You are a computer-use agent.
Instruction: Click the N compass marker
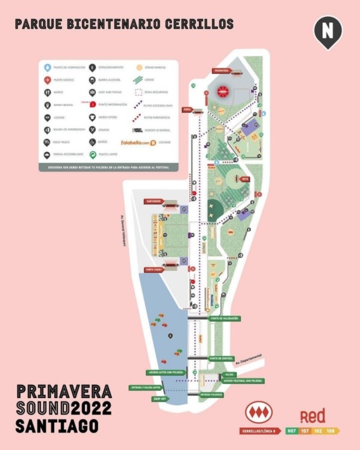[x=328, y=31]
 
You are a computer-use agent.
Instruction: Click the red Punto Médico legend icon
[x=47, y=80]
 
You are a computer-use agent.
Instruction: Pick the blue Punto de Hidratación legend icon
[x=47, y=67]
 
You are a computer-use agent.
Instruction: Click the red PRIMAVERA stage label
[x=221, y=71]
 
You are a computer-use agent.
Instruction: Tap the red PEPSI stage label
[x=187, y=110]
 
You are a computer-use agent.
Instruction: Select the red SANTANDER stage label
[x=153, y=202]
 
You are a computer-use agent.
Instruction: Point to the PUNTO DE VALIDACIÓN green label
[x=224, y=319]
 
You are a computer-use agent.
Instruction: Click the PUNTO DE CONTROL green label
[x=221, y=359]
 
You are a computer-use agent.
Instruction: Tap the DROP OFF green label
[x=160, y=398]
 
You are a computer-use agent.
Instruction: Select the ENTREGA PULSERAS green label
[x=212, y=395]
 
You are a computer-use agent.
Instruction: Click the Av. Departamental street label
[x=248, y=358]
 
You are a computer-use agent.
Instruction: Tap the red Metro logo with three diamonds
[x=259, y=412]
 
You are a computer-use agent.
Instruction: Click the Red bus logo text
[x=313, y=416]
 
